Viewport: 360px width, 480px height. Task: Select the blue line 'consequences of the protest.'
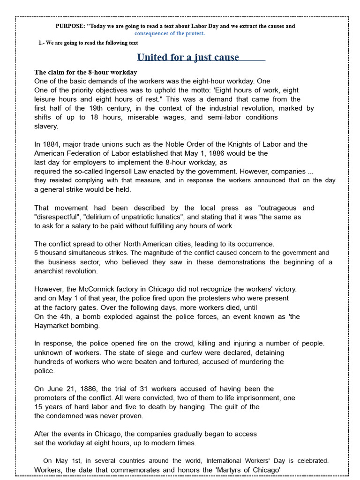170,33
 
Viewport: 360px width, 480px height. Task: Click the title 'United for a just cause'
188,57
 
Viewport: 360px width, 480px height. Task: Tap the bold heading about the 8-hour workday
86,72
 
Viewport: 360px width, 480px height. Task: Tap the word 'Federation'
88,153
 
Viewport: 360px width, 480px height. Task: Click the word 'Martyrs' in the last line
230,470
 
